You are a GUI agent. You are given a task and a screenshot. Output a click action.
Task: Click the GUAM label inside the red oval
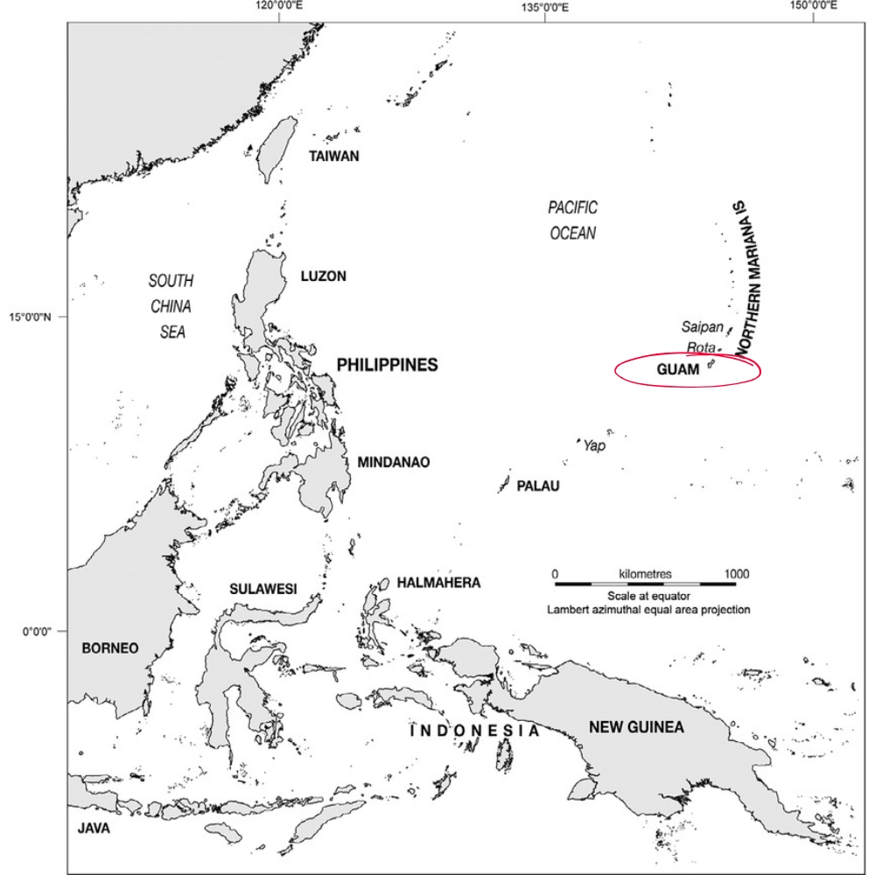(677, 370)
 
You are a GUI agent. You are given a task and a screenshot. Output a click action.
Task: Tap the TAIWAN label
(334, 157)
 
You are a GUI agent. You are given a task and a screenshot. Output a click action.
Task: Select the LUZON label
(323, 276)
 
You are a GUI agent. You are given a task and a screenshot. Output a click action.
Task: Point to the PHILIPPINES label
(387, 365)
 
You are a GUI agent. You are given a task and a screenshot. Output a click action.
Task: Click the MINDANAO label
(393, 462)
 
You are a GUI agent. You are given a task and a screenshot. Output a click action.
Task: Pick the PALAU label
(537, 486)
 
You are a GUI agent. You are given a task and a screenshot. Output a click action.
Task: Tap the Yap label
(594, 445)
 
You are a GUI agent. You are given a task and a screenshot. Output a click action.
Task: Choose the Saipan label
(703, 327)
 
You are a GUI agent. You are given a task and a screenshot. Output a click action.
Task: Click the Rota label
(701, 347)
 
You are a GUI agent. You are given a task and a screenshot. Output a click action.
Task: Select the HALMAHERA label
(438, 582)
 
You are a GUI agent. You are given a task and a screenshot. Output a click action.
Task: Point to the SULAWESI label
(263, 588)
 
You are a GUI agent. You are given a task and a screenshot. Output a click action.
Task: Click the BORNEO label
(109, 648)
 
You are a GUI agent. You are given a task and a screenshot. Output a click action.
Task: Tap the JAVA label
(94, 828)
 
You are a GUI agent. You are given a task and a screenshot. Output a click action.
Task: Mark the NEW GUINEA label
(636, 726)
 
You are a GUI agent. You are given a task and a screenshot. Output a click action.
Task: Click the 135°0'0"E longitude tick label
(544, 7)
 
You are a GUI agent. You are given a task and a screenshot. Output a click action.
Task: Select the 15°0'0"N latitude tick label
(34, 316)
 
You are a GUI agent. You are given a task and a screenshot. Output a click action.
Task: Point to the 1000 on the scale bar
(737, 574)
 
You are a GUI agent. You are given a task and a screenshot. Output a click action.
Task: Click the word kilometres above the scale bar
(645, 574)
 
